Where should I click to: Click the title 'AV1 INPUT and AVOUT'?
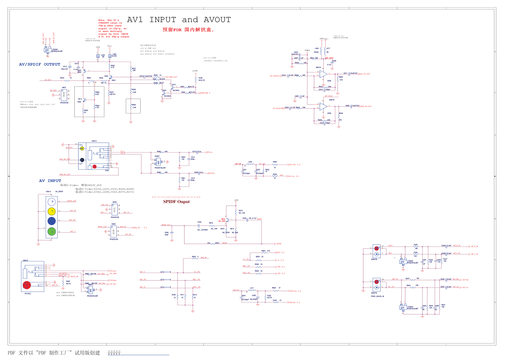coord(179,20)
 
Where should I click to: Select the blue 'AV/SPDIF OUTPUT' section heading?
coord(40,65)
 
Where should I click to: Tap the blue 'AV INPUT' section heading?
coord(50,181)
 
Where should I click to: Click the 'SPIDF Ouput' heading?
coord(176,202)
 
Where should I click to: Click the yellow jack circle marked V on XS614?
coord(52,211)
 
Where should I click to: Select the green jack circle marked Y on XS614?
coord(52,231)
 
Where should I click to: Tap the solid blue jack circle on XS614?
coord(52,221)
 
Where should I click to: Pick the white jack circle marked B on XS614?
coord(52,201)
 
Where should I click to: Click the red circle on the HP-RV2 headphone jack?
coord(27,285)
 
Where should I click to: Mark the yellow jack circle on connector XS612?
coord(82,148)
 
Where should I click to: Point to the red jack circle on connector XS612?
coord(95,166)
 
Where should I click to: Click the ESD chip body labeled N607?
coord(64,95)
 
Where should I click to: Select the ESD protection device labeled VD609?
coord(47,50)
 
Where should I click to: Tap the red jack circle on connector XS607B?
coord(377,248)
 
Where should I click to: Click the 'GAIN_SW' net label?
coord(205,93)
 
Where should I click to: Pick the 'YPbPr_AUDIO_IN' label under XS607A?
coord(377,296)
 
